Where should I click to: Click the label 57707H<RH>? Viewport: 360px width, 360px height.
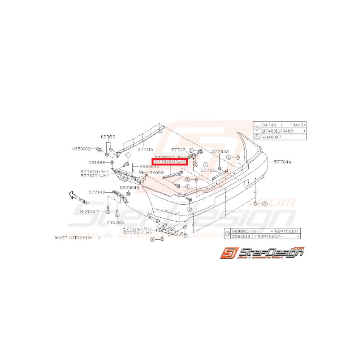click(95, 172)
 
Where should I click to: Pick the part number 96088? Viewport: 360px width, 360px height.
click(156, 173)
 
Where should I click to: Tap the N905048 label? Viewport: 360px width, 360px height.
click(129, 188)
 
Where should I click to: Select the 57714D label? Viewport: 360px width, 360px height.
click(96, 192)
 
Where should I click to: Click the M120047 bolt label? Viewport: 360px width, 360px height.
click(90, 212)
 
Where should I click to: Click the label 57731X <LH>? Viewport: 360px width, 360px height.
click(137, 233)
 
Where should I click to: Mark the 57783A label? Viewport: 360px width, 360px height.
click(220, 152)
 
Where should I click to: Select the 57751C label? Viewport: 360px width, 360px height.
click(208, 170)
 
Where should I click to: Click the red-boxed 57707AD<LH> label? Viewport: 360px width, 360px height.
click(170, 162)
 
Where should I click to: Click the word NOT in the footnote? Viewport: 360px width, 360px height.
click(64, 239)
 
